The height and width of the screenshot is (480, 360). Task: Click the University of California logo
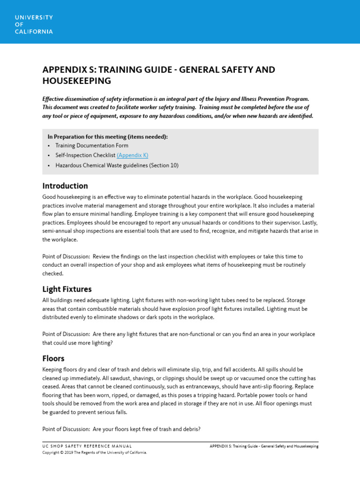33,24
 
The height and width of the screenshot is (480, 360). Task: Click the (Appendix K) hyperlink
132,155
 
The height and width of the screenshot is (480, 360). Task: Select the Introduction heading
65,186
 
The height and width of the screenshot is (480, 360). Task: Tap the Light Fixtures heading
67,289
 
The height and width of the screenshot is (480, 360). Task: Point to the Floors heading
53,359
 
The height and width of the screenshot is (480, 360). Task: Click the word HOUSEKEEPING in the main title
76,81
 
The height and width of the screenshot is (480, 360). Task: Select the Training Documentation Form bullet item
91,146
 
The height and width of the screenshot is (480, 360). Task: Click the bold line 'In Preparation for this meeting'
107,136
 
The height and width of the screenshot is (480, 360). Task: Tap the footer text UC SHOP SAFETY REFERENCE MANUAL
87,446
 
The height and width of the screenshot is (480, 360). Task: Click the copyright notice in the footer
95,453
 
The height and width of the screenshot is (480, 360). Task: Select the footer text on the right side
264,446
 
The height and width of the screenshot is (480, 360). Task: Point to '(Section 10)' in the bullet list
164,165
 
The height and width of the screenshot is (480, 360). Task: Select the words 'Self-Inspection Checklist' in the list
85,155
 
